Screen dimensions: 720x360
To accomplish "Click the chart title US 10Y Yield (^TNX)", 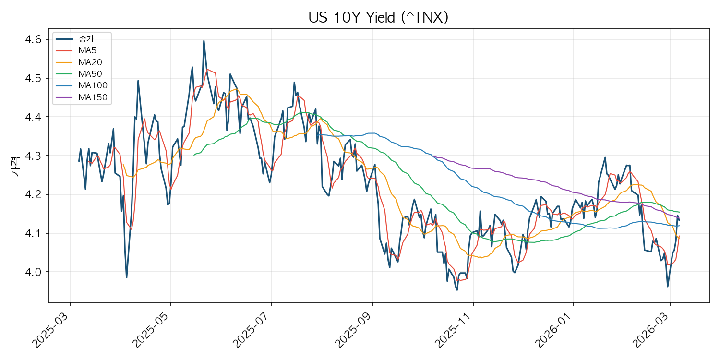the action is (378, 17).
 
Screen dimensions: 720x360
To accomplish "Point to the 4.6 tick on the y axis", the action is (34, 39).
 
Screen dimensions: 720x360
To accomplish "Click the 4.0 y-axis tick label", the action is (34, 272).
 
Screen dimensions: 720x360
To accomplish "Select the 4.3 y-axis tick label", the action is (34, 156).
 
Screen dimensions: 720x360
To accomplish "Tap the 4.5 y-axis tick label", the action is (34, 78).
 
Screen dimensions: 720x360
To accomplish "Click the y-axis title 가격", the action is (15, 167).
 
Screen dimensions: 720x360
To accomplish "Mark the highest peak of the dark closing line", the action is (204, 41).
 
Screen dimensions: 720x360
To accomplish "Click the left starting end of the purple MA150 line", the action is (433, 157).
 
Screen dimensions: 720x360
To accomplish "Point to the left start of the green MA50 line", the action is (194, 155).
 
